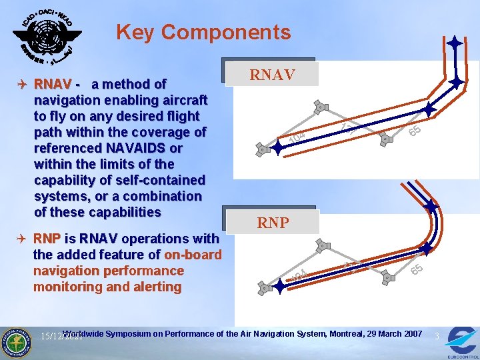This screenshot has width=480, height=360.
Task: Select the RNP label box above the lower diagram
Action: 273,223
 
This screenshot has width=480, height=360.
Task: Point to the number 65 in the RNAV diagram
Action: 414,131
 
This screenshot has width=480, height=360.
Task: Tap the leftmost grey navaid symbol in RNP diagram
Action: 264,289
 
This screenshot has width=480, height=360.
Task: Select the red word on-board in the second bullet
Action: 193,255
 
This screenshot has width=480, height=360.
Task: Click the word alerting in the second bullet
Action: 153,287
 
